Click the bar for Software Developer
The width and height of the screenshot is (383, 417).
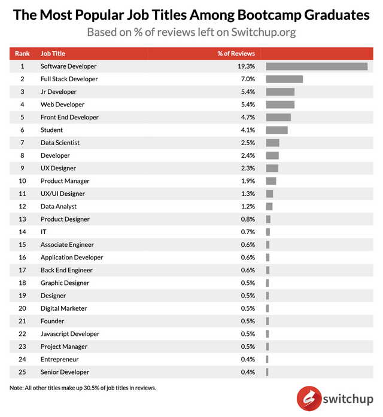coord(317,66)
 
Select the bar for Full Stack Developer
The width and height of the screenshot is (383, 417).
coord(284,79)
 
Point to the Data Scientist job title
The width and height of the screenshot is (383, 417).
coord(60,143)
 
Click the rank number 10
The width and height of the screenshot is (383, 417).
coord(22,181)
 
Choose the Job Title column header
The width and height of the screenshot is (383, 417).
coord(53,53)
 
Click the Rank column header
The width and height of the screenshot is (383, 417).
coord(22,53)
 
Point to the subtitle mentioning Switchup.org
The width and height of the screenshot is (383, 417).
coord(191,32)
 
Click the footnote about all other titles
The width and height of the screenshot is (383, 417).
coord(83,388)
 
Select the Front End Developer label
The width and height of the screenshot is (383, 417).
coord(69,117)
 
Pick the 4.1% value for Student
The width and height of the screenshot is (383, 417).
coord(248,130)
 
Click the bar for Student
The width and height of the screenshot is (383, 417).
coord(276,130)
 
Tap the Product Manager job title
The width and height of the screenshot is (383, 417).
coord(65,181)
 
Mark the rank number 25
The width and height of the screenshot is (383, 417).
coord(22,372)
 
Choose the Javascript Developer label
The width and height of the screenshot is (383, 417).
coord(70,334)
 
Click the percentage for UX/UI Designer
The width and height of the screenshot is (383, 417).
coord(248,194)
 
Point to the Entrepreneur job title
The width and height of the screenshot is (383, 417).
coord(60,359)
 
